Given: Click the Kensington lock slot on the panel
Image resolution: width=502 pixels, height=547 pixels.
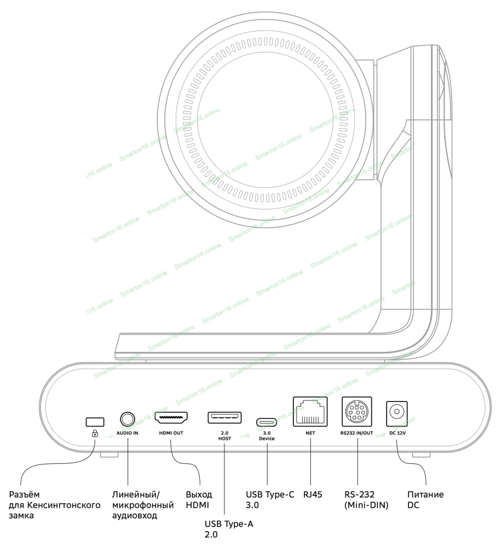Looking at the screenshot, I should click(x=95, y=421).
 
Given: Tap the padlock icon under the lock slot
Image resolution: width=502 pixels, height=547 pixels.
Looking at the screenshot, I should click(x=95, y=433).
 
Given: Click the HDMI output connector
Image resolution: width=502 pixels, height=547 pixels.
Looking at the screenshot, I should click(x=171, y=418).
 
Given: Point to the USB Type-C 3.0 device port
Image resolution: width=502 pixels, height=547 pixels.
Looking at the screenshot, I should click(x=267, y=422).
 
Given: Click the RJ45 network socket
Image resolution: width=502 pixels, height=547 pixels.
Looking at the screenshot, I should click(x=309, y=412).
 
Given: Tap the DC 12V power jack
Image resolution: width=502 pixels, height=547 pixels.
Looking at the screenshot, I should click(x=398, y=412).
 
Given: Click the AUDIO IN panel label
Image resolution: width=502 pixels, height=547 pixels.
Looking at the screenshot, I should click(x=128, y=433).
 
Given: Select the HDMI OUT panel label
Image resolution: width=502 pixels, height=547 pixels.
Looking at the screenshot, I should click(x=171, y=433).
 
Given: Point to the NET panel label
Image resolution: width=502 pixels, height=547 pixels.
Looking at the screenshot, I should click(x=309, y=433).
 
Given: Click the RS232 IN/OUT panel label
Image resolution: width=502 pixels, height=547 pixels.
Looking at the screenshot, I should click(x=356, y=433).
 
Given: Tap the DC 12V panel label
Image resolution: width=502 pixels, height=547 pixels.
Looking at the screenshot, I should click(x=398, y=433).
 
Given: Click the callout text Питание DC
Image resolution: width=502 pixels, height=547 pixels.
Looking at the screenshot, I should click(x=425, y=500).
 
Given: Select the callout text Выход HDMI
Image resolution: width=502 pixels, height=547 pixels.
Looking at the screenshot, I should click(x=198, y=500).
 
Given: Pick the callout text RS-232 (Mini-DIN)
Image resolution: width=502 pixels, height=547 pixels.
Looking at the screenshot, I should click(x=366, y=500).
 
